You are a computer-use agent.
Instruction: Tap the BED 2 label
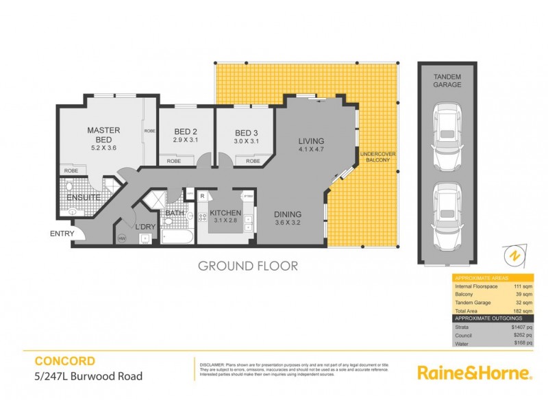coord(186,133)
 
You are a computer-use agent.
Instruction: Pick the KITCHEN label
coord(226,213)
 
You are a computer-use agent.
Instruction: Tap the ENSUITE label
coord(84,199)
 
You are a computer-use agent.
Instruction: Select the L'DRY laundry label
coord(145,227)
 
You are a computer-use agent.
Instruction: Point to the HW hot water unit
coord(123,238)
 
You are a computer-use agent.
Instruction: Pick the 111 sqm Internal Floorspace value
coord(524,286)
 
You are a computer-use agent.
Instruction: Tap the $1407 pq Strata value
coord(523,327)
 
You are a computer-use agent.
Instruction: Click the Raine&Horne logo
coord(474,373)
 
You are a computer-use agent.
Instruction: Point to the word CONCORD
coord(65,360)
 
